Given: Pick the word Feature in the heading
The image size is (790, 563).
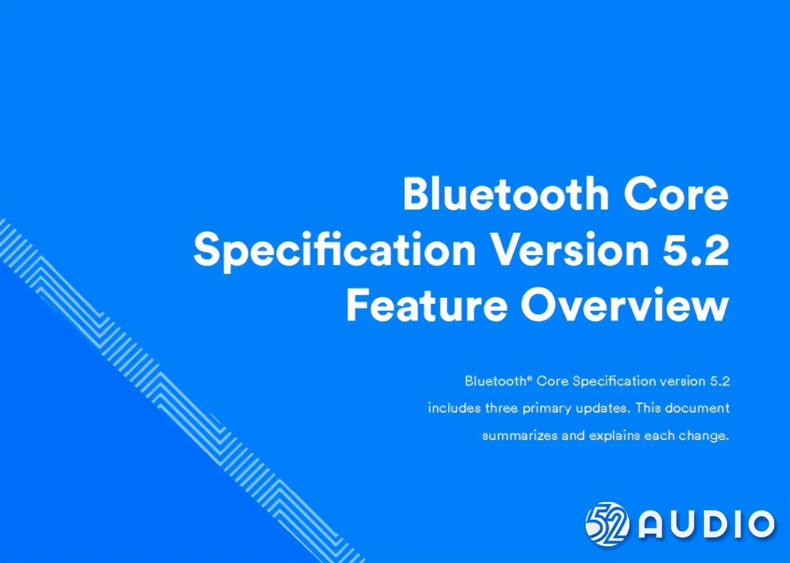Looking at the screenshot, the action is pos(427,304).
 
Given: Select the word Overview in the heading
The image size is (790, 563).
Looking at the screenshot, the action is pos(625,304).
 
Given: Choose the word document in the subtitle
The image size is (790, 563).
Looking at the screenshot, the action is pos(697,408).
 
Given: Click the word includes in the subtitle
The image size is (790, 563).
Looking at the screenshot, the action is pos(454,408).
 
